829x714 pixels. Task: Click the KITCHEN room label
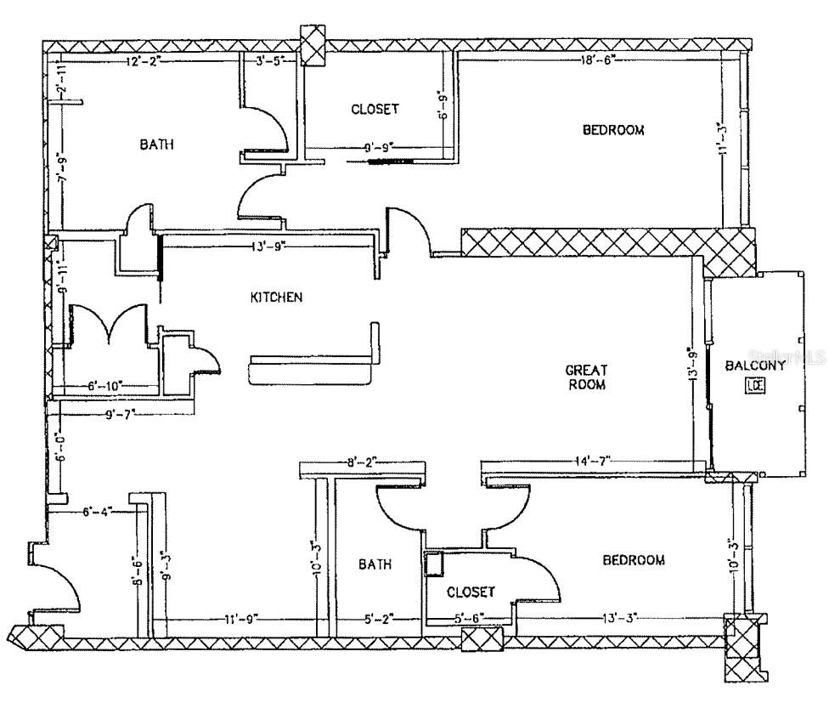coord(276,297)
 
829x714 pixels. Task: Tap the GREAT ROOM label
coord(586,377)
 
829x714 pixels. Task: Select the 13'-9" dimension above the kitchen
coord(268,246)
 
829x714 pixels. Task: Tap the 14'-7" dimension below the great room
coord(591,462)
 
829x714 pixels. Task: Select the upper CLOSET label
coord(375,110)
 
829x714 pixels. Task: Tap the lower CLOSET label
coord(471,592)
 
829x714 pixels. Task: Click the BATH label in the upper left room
coord(157,144)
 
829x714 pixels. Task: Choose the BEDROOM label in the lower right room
coord(634,560)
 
